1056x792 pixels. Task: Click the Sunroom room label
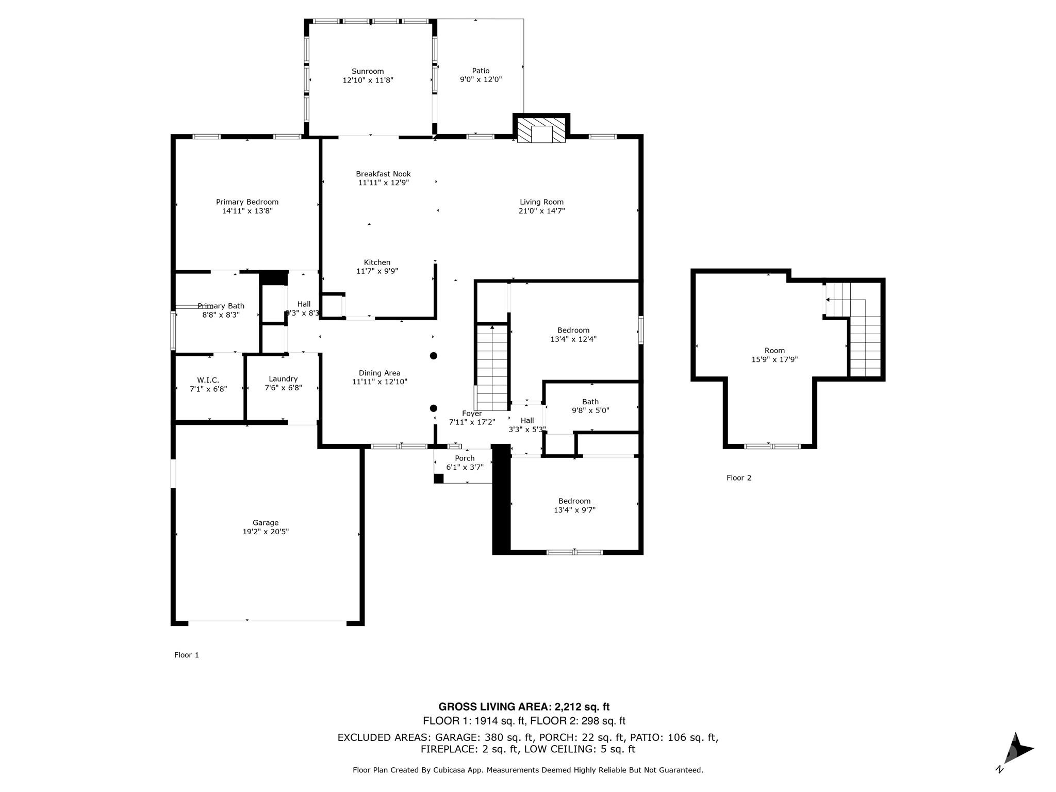click(x=368, y=71)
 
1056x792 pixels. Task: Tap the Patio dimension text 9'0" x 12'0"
click(x=481, y=79)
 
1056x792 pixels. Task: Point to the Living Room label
click(x=541, y=202)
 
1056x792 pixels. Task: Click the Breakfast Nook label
click(x=383, y=174)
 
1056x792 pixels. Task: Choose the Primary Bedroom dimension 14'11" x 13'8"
click(x=247, y=211)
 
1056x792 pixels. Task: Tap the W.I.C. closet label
click(x=208, y=380)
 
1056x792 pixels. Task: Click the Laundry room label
click(x=283, y=378)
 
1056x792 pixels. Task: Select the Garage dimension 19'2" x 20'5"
click(x=266, y=532)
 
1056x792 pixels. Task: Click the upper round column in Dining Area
click(x=434, y=356)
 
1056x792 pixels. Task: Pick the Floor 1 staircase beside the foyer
click(x=492, y=367)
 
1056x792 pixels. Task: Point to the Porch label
click(x=465, y=458)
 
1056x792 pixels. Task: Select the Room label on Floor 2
click(x=774, y=351)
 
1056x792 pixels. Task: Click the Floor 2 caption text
click(x=738, y=478)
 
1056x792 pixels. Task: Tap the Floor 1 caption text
click(x=186, y=655)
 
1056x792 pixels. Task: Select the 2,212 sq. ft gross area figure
click(x=582, y=707)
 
